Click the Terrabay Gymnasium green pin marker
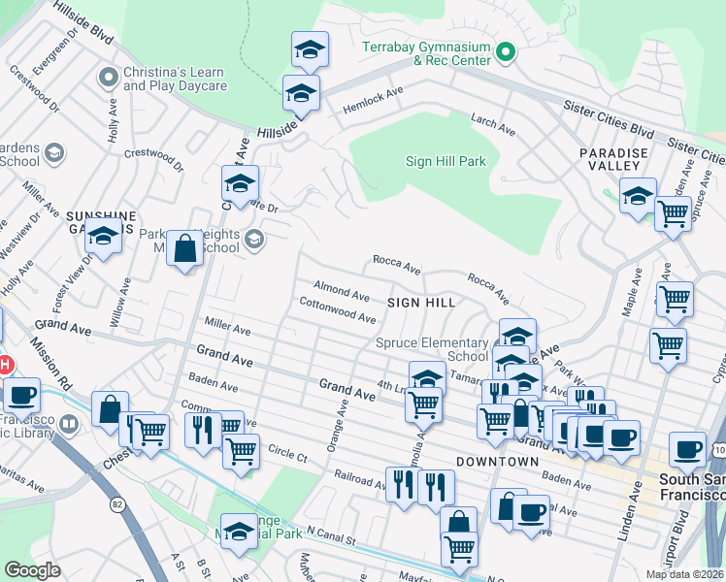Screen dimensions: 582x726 pos(504,51)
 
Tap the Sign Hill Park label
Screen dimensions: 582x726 pos(445,161)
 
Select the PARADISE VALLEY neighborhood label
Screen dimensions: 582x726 pos(612,160)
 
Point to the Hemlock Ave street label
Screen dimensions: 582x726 pos(372,102)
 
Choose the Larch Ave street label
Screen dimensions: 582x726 pos(492,123)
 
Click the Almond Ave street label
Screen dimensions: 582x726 pos(341,291)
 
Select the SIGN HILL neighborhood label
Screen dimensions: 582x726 pos(421,303)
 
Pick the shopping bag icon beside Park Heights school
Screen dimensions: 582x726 pos(184,249)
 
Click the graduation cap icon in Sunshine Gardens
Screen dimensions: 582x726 pos(102,236)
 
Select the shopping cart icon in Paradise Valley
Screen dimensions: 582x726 pos(672,212)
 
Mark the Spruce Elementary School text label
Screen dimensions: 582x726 pos(432,349)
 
